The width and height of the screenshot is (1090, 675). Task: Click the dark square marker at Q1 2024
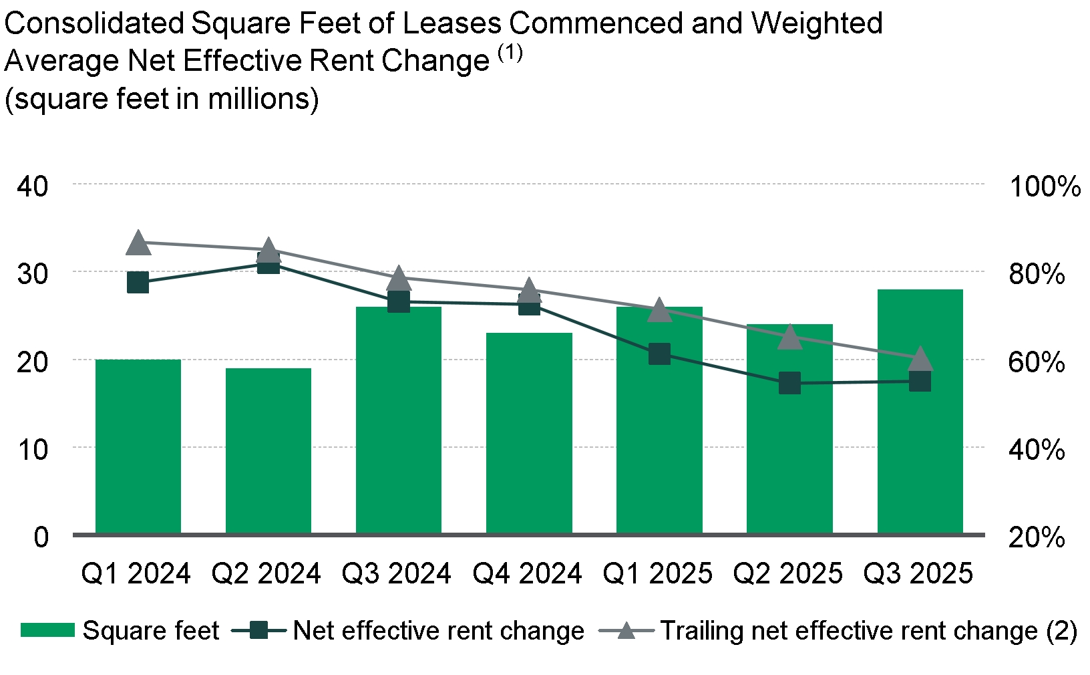138,282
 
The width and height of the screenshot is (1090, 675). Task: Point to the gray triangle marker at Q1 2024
138,243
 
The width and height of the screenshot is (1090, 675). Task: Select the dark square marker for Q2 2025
789,384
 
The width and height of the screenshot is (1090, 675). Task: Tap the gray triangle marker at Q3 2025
920,359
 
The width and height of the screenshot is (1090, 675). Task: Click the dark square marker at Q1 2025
659,354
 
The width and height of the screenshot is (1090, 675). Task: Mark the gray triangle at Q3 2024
399,278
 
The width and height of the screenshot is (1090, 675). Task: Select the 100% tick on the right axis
1045,186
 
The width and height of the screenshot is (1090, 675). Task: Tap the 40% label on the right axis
1037,449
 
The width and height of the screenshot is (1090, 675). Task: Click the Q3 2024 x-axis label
397,573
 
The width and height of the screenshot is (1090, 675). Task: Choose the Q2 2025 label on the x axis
788,573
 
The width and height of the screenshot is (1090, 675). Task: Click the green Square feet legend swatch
47,630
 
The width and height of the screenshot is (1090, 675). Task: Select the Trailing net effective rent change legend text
868,631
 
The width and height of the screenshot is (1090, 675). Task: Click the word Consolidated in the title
94,24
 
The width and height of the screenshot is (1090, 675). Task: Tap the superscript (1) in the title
510,53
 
